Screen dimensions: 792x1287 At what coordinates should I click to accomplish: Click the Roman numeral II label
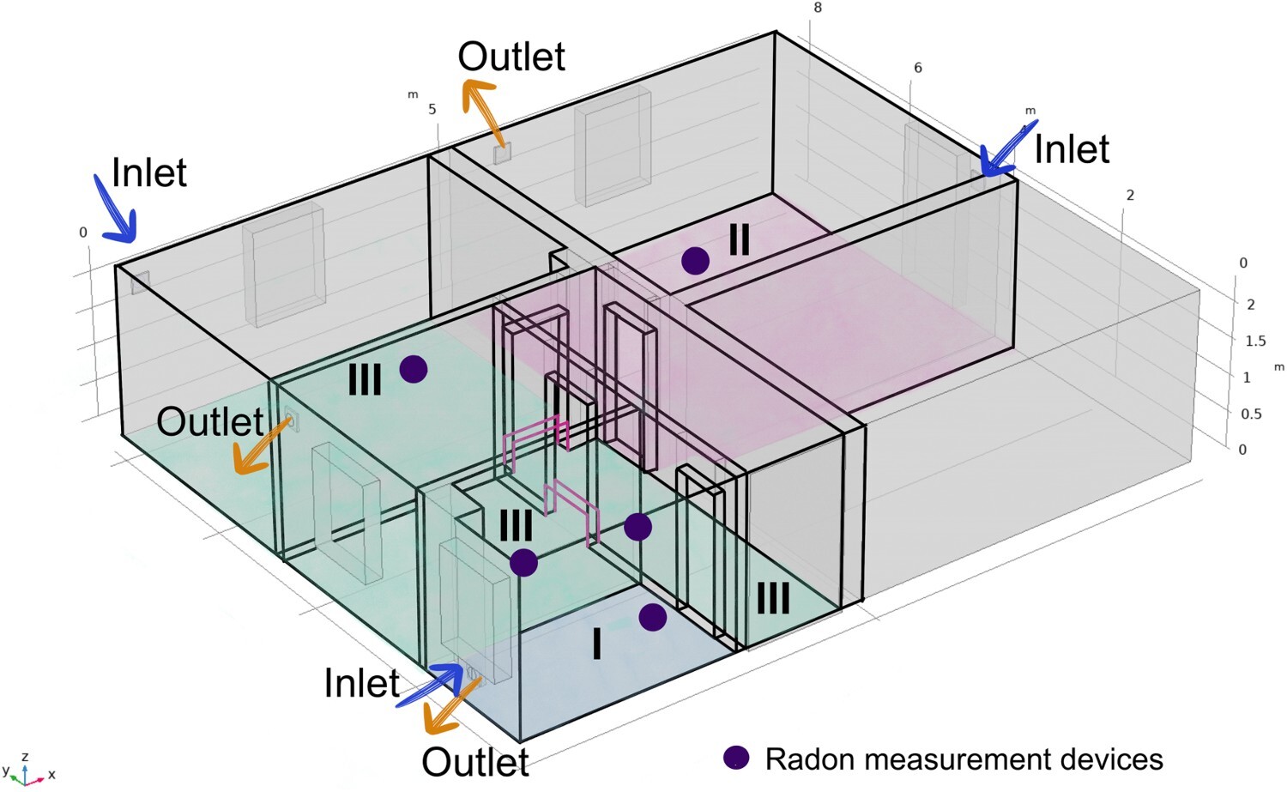pos(739,239)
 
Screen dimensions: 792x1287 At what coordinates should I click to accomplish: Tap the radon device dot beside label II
pos(695,260)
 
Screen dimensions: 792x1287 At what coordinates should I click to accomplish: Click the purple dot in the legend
pos(736,757)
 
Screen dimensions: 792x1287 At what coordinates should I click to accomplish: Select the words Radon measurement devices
pos(964,759)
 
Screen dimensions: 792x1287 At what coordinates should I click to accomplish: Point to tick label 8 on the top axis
pos(818,8)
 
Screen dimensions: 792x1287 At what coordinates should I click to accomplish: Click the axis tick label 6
pos(917,68)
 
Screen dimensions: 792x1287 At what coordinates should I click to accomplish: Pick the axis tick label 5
pos(432,109)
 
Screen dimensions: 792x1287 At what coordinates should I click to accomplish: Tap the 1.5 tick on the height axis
pos(1254,341)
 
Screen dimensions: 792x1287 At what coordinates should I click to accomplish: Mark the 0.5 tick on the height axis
pos(1251,414)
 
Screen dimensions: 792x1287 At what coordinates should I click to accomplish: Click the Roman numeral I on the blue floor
pos(597,643)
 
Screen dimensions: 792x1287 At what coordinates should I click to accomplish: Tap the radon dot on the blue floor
pos(652,617)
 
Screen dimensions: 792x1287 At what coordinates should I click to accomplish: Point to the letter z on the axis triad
pos(26,756)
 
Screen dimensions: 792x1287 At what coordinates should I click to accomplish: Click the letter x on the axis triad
pos(51,774)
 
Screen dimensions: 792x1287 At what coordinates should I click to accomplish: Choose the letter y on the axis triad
pos(6,771)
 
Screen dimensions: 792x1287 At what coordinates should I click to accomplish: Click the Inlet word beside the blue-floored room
pos(361,683)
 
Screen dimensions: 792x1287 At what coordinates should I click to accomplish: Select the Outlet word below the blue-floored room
pos(475,762)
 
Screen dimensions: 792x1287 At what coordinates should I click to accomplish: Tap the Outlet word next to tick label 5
pos(511,57)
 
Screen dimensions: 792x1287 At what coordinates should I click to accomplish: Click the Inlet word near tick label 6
pos(1072,149)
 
